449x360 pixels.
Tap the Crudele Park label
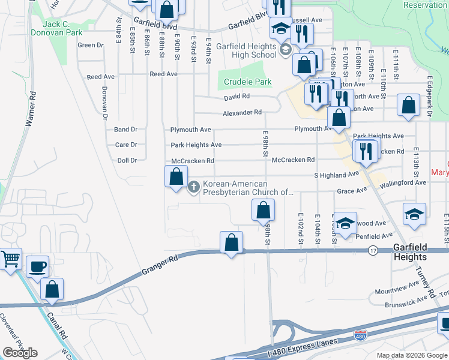(x=247, y=82)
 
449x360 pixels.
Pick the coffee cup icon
(x=37, y=266)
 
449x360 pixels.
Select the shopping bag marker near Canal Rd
(x=52, y=289)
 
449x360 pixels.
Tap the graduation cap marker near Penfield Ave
(x=345, y=223)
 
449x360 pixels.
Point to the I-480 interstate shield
(x=360, y=335)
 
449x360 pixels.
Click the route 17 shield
(x=373, y=250)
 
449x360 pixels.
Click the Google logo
(x=20, y=353)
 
